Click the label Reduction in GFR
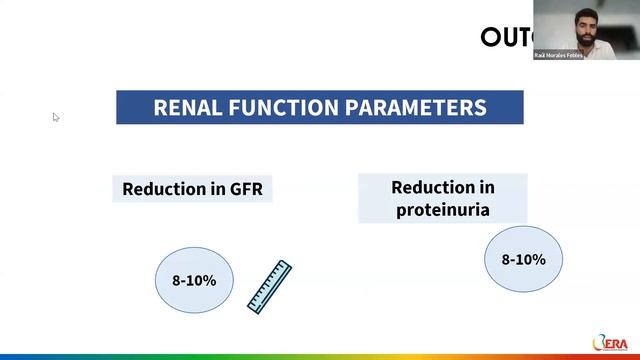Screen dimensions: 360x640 pyautogui.click(x=192, y=188)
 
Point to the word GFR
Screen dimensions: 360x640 pyautogui.click(x=245, y=188)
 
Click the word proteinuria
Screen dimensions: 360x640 pyautogui.click(x=442, y=209)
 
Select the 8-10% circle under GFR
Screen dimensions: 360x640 pyautogui.click(x=194, y=280)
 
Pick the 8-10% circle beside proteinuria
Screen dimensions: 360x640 pyautogui.click(x=523, y=260)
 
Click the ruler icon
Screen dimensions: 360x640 pyautogui.click(x=268, y=287)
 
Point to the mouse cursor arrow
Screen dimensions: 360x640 pyautogui.click(x=56, y=117)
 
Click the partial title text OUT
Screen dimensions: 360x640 pyautogui.click(x=504, y=38)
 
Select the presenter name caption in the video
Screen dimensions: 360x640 pyautogui.click(x=559, y=55)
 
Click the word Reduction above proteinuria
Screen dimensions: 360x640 pyautogui.click(x=442, y=187)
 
